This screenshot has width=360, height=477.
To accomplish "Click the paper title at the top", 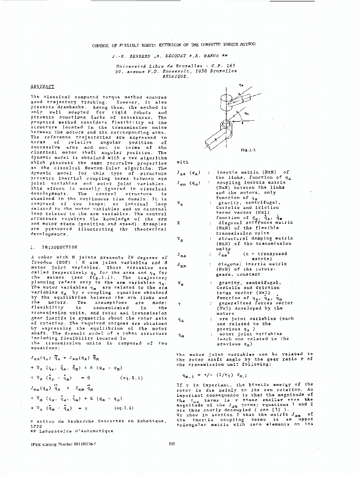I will [174, 44].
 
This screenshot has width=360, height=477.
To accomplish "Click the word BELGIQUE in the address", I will [175, 75].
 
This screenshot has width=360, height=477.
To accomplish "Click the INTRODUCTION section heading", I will [59, 248].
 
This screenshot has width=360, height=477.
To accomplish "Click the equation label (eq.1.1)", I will [130, 378].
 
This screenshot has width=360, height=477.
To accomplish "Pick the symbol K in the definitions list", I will [179, 223].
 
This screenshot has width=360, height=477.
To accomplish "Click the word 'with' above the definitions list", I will [183, 162].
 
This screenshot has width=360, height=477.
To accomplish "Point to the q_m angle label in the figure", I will [247, 114].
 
